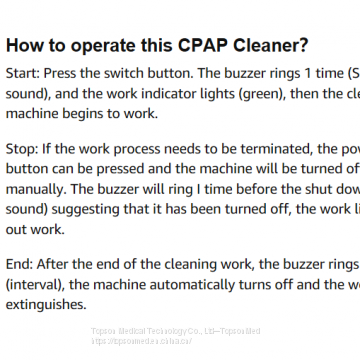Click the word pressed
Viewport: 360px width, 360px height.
(x=129, y=168)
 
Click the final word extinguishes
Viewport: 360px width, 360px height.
(x=47, y=301)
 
